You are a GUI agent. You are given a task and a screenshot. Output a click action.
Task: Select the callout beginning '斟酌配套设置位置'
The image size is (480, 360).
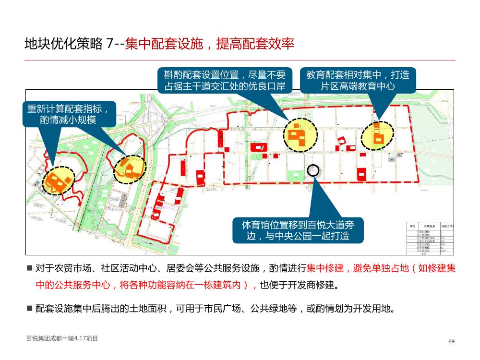click(225, 80)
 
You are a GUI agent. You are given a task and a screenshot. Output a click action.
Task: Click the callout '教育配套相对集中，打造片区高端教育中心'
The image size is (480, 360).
click(358, 80)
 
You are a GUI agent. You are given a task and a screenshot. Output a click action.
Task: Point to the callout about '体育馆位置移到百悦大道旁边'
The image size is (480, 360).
click(298, 230)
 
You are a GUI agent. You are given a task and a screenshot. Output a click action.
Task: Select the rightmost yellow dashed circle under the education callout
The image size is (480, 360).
click(377, 135)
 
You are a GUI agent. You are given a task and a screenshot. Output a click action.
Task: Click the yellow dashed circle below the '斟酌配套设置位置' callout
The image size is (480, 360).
click(300, 134)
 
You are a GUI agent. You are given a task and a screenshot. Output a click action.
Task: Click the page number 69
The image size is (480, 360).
click(451, 341)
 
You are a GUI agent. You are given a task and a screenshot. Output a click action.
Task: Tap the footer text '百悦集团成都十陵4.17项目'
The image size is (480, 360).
click(62, 338)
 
